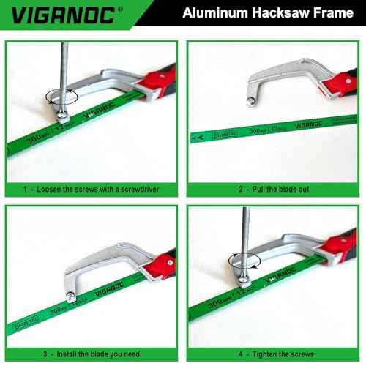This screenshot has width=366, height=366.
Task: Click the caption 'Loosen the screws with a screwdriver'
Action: tap(95, 188)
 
